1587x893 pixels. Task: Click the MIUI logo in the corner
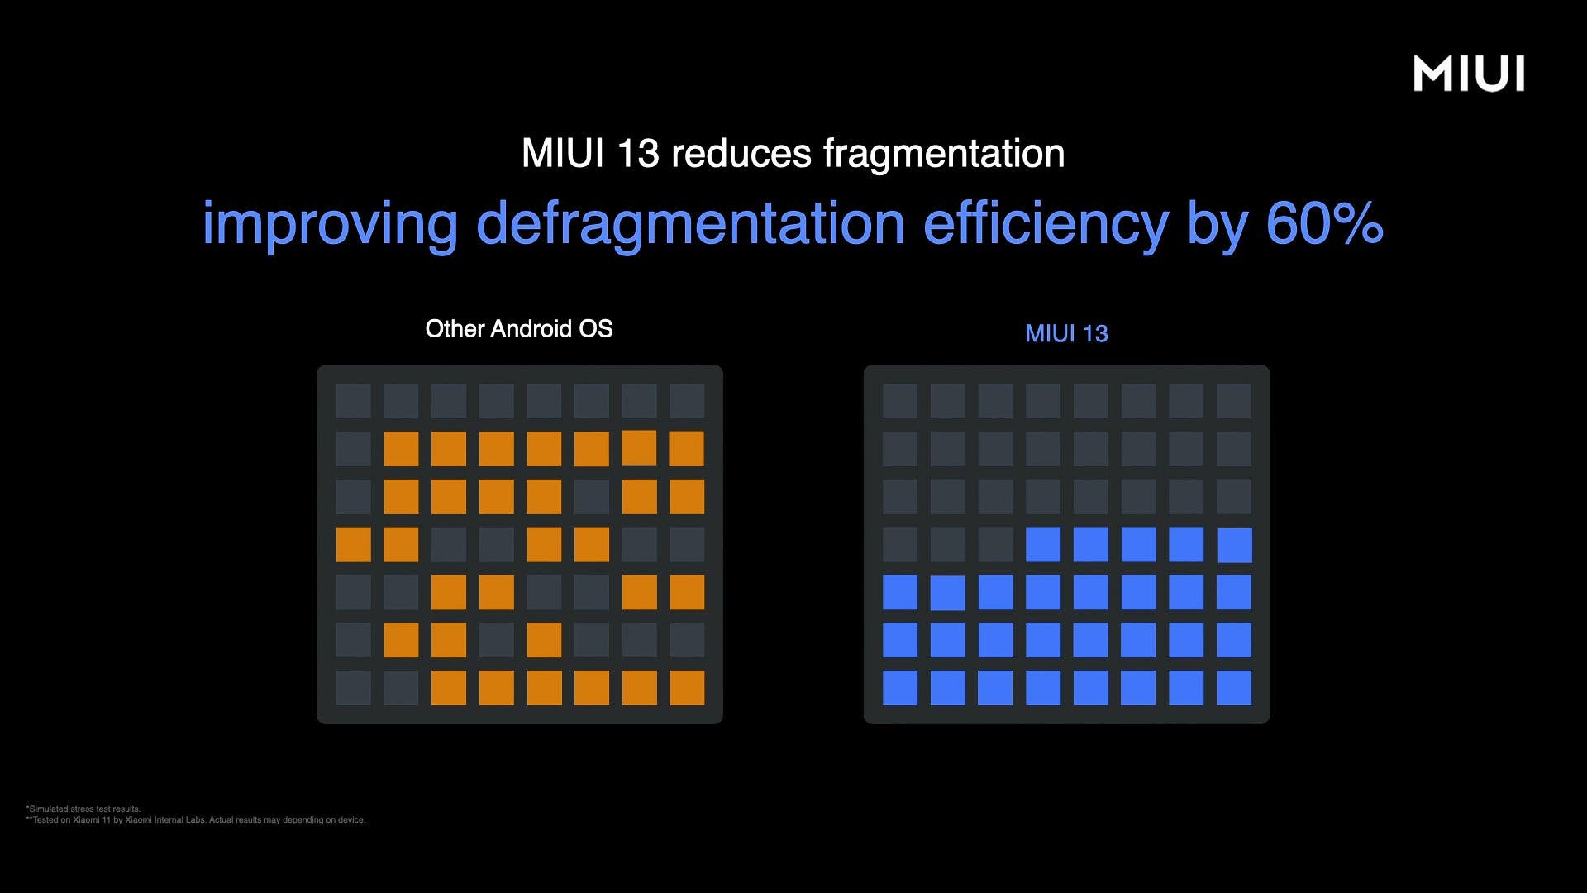coord(1469,74)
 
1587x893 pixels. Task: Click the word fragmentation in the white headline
coord(944,153)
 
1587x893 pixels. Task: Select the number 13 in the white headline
coord(637,154)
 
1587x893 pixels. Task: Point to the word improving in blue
coord(330,224)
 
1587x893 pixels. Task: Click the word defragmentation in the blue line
coord(691,224)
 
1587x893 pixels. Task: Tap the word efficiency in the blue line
coord(1046,224)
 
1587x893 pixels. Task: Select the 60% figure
coord(1324,223)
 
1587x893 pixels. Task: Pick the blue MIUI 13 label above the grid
coord(1066,333)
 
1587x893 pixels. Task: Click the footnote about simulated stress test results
coord(83,809)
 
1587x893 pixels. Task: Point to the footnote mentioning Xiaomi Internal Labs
coord(196,820)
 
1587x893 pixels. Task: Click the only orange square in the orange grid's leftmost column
coord(353,545)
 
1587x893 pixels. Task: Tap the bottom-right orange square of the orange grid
coord(687,688)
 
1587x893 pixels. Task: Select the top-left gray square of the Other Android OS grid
coord(353,401)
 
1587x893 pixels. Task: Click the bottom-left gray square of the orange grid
coord(353,688)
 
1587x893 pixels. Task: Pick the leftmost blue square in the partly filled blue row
coord(1043,545)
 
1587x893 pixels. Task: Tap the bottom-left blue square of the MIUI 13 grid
coord(900,688)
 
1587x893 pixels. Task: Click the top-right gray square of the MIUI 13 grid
coord(1234,401)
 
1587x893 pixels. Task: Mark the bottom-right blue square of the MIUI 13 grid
coord(1234,688)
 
